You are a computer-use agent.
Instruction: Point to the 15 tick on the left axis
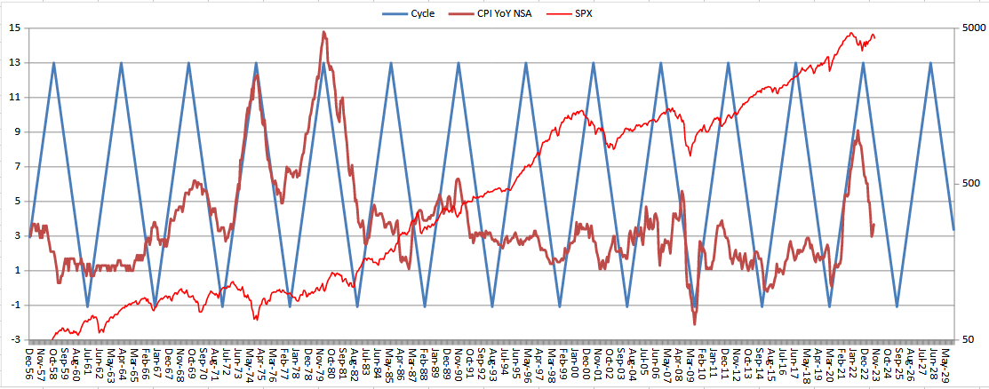pos(15,28)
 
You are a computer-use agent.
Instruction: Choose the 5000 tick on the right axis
pos(974,28)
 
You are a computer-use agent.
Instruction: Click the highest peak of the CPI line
pos(324,32)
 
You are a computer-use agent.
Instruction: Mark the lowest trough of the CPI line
pos(694,324)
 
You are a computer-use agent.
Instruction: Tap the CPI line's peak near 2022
pos(857,131)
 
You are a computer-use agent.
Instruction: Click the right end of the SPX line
pos(875,37)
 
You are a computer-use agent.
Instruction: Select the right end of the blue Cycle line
pos(953,230)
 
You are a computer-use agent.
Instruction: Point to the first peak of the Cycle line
pos(54,63)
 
